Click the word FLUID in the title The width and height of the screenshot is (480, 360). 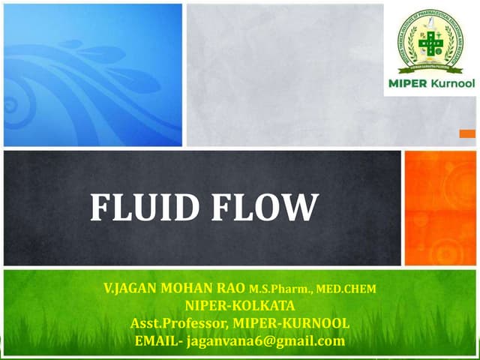click(x=143, y=208)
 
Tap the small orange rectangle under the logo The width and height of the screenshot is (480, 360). click(x=466, y=133)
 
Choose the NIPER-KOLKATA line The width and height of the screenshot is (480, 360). click(x=239, y=306)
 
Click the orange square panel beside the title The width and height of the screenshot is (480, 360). click(x=440, y=208)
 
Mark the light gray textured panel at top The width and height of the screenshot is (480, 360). click(x=285, y=75)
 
